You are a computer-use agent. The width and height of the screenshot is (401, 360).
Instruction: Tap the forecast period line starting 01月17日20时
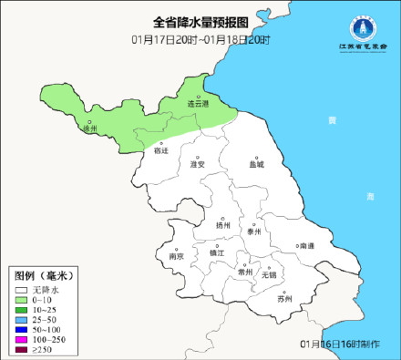[x=200, y=39]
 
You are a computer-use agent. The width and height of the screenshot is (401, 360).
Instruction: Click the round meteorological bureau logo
[x=359, y=25]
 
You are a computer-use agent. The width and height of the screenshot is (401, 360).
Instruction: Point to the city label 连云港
[x=199, y=104]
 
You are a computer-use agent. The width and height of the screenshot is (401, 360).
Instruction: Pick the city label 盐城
[x=256, y=165]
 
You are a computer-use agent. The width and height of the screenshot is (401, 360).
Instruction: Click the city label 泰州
[x=257, y=232]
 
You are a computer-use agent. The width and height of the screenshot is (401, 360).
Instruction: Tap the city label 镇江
[x=216, y=252]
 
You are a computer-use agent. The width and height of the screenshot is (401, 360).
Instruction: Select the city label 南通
[x=305, y=246]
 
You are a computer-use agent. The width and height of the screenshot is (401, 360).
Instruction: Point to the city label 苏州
[x=285, y=298]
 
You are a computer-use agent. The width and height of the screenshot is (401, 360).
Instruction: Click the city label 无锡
[x=268, y=273]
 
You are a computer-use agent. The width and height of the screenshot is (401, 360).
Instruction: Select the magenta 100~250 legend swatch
[x=20, y=339]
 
